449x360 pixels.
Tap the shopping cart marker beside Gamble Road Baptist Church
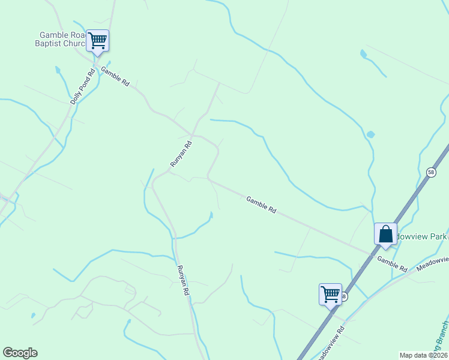point(97,41)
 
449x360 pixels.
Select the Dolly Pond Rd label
point(83,88)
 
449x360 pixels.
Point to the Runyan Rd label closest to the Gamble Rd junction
point(181,154)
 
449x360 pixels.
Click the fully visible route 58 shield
point(431,172)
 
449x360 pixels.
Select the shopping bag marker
point(385,234)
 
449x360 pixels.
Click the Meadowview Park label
point(420,236)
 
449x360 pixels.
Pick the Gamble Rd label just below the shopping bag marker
point(392,262)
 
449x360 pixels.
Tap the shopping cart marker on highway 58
point(330,294)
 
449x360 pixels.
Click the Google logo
point(20,353)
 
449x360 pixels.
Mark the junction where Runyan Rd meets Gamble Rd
point(191,133)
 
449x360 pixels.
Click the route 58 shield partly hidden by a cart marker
point(343,296)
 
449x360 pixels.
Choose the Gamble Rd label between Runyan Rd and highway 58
point(261,205)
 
